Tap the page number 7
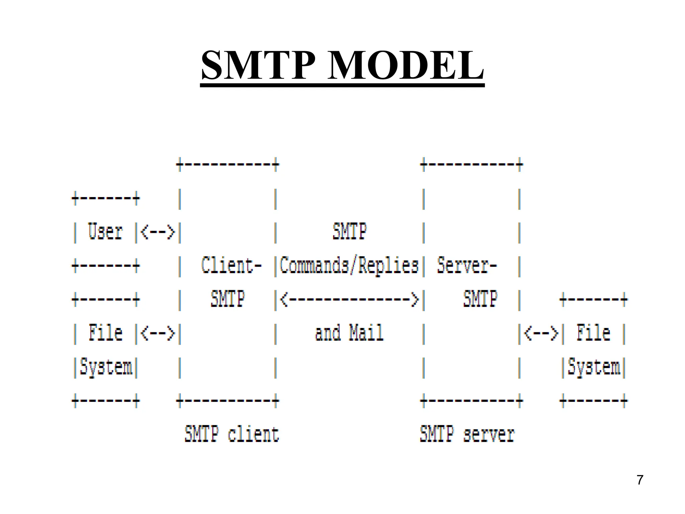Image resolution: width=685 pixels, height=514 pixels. [640, 480]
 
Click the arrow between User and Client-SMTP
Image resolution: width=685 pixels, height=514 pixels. [158, 232]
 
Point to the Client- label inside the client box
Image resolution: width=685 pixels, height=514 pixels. [231, 266]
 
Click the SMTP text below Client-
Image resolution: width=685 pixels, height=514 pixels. [227, 299]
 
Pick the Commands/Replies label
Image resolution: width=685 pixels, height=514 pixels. [349, 266]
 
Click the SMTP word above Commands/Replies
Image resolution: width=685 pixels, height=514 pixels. [350, 231]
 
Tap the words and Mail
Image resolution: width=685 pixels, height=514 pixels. [349, 333]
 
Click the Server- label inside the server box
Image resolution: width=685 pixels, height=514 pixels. [467, 266]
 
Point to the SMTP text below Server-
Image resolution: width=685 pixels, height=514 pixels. [480, 299]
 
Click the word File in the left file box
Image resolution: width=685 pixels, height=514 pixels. [105, 333]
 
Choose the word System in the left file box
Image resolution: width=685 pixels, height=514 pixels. [106, 367]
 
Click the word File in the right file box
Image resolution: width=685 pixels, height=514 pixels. [593, 333]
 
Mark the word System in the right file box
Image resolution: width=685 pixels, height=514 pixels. [594, 367]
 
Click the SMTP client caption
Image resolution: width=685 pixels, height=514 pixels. [231, 434]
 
